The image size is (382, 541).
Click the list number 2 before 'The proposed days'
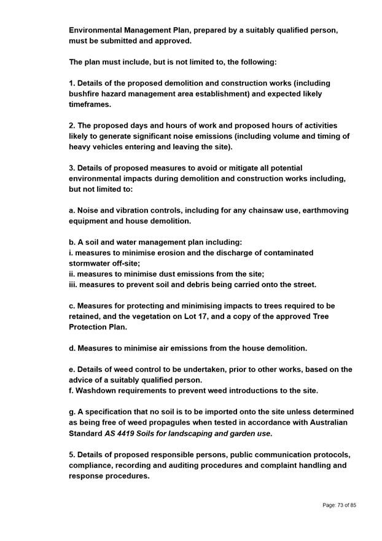point(71,125)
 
